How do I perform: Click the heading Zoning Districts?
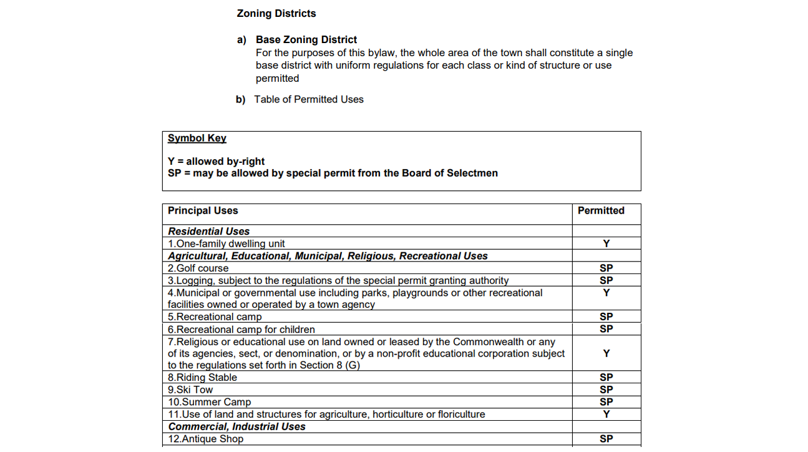(x=276, y=13)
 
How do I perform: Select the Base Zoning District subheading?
(x=306, y=40)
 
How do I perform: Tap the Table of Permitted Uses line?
(x=308, y=99)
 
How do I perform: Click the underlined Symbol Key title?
(x=197, y=138)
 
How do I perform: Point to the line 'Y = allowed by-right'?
(x=216, y=161)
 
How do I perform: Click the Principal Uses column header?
(x=203, y=210)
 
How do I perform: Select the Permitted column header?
(x=601, y=210)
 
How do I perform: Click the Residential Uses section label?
(x=208, y=231)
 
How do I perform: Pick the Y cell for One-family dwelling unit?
(x=606, y=243)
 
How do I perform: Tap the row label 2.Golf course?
(x=198, y=268)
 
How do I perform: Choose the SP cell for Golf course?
(x=606, y=268)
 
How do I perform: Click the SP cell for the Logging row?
(x=606, y=280)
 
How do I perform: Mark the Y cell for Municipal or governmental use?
(x=606, y=293)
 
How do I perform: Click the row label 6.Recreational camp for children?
(x=241, y=329)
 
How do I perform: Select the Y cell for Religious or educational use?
(x=606, y=353)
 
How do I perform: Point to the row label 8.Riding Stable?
(x=202, y=377)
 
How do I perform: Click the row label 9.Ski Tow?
(x=190, y=390)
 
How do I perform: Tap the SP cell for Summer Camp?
(x=606, y=402)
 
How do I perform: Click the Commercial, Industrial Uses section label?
(x=236, y=426)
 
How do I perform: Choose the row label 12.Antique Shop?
(x=205, y=439)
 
